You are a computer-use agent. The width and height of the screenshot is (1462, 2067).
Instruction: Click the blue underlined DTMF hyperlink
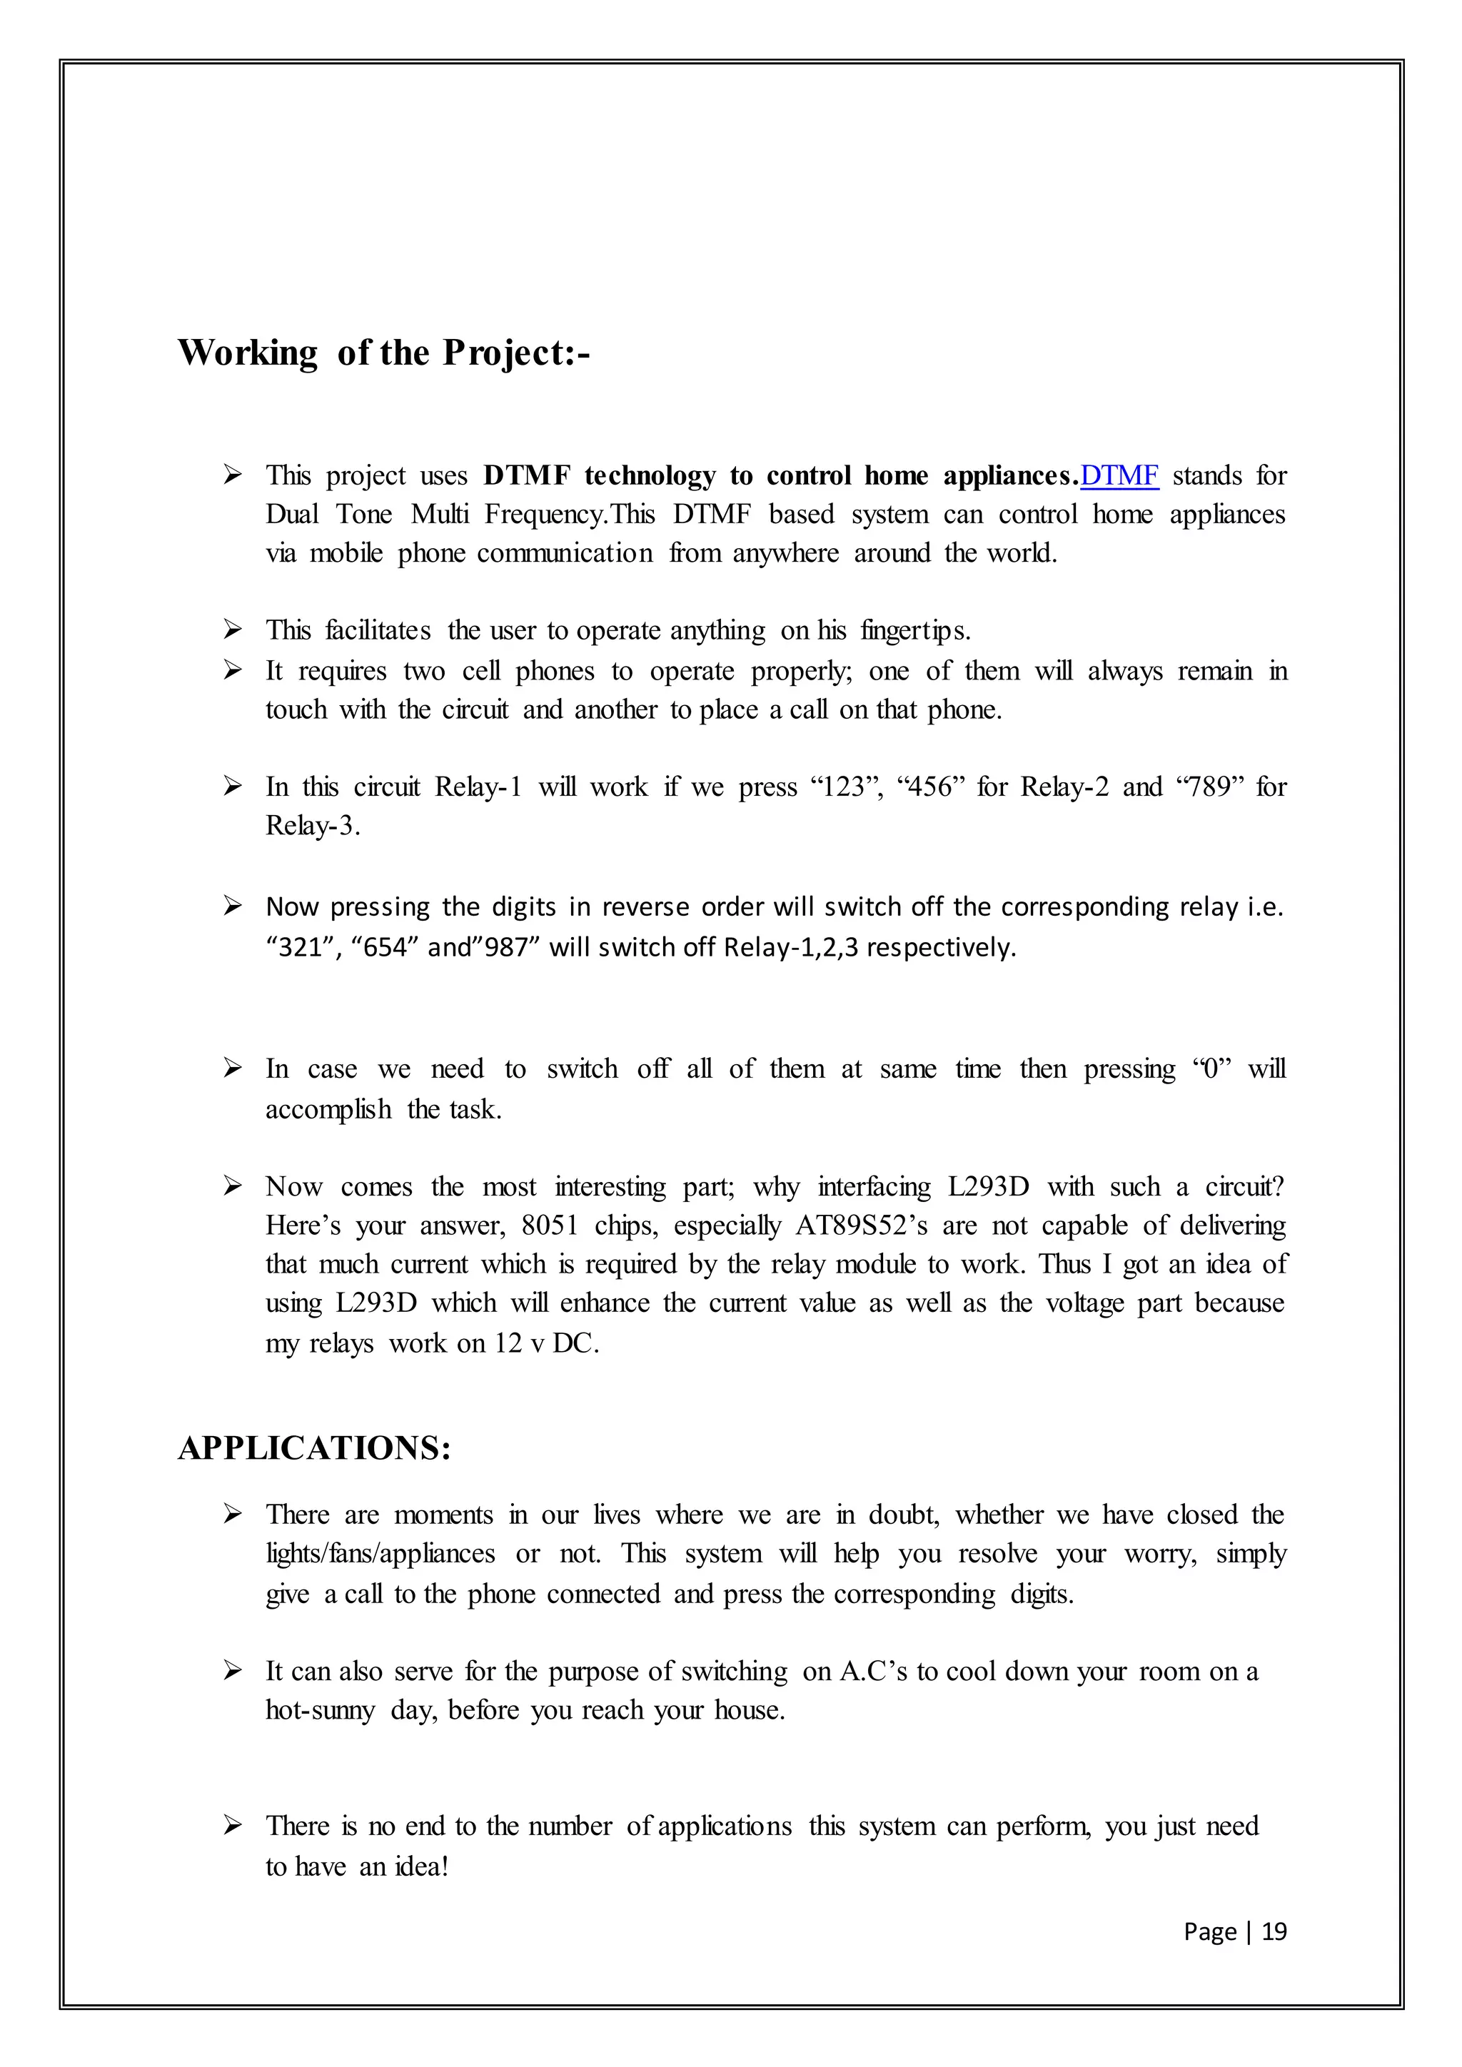click(x=1119, y=475)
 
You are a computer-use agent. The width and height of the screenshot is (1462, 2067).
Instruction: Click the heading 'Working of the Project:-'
click(x=383, y=353)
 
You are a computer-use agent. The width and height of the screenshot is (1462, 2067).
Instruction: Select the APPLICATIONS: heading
click(x=314, y=1448)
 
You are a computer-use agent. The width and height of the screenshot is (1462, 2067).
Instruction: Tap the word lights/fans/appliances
click(x=380, y=1554)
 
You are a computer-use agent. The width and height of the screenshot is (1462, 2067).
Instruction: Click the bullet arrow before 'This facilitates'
click(x=232, y=630)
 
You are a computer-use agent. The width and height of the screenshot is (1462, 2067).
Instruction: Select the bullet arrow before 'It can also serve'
click(x=232, y=1671)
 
